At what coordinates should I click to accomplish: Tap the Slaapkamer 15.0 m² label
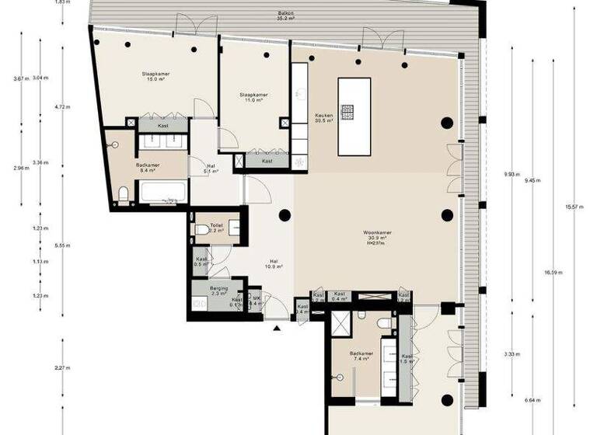tap(155, 77)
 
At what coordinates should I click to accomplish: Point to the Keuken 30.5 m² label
tap(323, 117)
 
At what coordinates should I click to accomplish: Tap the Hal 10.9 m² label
tap(274, 263)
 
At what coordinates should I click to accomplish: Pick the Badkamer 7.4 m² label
tap(362, 357)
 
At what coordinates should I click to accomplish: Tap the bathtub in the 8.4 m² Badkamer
tap(162, 191)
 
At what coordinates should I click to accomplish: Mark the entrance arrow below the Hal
tap(276, 329)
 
